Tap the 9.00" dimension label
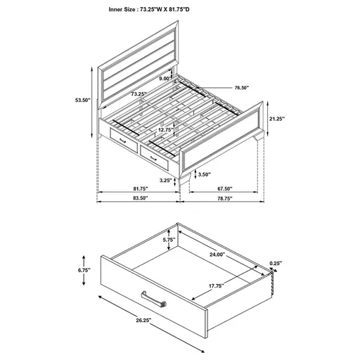pyautogui.click(x=164, y=78)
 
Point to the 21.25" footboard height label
pyautogui.click(x=277, y=120)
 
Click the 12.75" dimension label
pyautogui.click(x=165, y=129)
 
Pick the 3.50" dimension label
pyautogui.click(x=205, y=174)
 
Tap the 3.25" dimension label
pyautogui.click(x=167, y=180)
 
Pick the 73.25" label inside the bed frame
pyautogui.click(x=139, y=93)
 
